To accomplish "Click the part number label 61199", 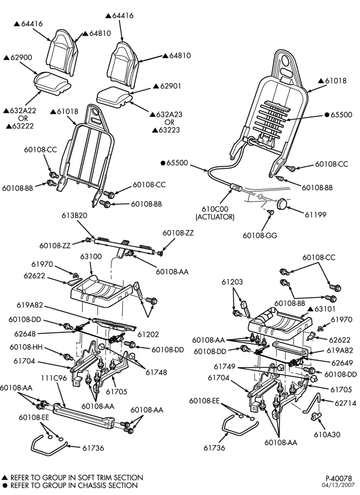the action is point(315,215).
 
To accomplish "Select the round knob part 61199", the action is point(281,203).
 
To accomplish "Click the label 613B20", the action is point(74,216).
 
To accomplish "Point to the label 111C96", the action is point(54,378).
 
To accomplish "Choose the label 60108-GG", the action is point(260,236).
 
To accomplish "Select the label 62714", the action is point(346,403).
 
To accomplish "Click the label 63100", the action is point(91,256).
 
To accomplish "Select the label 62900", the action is point(21,57).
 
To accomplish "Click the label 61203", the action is point(232,282).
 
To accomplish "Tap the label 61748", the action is point(156,373).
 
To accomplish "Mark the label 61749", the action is point(225,366).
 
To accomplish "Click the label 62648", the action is point(25,334).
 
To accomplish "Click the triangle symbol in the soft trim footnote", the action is point(5,477).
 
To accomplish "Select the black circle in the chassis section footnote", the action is point(5,485).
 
